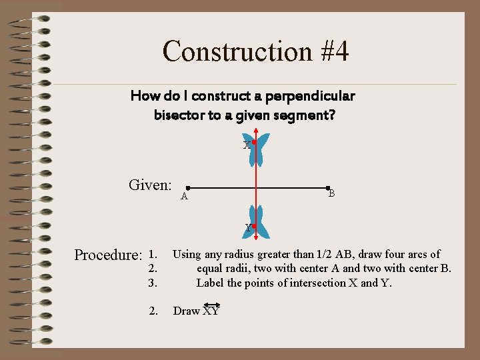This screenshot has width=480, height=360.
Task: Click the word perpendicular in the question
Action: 310,96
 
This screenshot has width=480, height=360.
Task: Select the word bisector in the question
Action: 179,115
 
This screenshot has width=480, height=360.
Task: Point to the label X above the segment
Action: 246,145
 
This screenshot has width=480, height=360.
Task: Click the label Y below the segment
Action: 247,228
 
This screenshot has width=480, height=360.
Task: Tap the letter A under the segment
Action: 185,196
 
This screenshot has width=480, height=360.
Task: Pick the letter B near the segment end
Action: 331,193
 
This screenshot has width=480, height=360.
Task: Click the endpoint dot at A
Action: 189,189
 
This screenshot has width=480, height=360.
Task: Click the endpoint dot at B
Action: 327,189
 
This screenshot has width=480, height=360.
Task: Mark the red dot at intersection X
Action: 254,142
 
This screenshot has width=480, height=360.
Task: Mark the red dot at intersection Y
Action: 254,226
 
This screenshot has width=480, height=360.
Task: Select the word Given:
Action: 150,185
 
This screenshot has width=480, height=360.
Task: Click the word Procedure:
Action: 108,255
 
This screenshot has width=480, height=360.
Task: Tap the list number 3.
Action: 153,283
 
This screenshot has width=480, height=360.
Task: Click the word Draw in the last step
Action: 187,311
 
